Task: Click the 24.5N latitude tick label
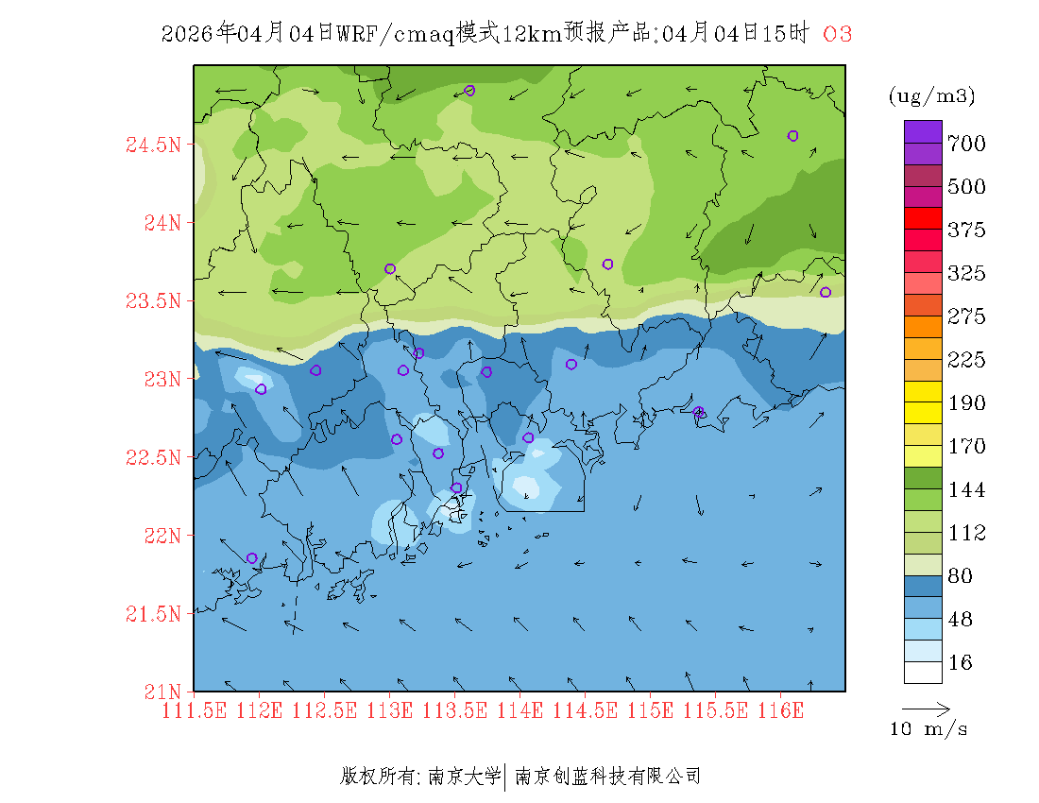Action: coord(152,145)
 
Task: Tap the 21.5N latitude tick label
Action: coord(152,614)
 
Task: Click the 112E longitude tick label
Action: coord(260,709)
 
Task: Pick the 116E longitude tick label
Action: coord(780,709)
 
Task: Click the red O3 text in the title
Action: coord(838,34)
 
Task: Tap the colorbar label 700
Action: coord(966,144)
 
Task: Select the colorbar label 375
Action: coord(966,231)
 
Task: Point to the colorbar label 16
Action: coord(960,663)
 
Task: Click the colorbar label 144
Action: coord(966,490)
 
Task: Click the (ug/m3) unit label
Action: coord(931,95)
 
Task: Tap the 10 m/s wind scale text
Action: coord(929,729)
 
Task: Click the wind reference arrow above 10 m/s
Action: coord(926,708)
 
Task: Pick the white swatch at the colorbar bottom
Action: coord(923,672)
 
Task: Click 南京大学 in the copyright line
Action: coord(464,777)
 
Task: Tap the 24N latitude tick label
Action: coord(162,223)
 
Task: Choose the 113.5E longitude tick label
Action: coord(454,709)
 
